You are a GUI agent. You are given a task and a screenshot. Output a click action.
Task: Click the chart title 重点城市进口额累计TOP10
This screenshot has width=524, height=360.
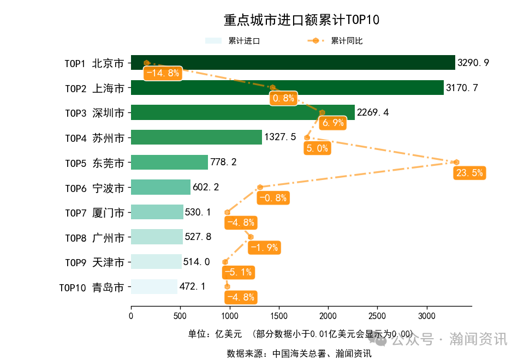click(301, 20)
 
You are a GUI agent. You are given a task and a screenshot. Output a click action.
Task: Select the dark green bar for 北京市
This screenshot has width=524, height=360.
click(293, 63)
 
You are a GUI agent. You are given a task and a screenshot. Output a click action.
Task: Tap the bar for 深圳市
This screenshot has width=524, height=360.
click(242, 112)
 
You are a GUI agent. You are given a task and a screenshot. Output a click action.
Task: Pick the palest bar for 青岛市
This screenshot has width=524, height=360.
click(154, 287)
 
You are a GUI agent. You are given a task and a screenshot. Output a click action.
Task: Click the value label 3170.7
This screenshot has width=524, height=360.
click(462, 88)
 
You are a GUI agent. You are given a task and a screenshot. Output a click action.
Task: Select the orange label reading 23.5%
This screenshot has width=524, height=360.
click(469, 173)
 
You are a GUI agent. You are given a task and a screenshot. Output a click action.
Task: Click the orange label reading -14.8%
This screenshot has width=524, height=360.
click(162, 74)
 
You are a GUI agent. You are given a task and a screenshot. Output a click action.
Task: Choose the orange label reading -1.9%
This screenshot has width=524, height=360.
click(264, 248)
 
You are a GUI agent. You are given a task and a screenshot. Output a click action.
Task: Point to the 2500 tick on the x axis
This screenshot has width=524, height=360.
click(377, 315)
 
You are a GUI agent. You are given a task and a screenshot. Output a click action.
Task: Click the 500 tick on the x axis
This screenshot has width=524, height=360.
click(180, 315)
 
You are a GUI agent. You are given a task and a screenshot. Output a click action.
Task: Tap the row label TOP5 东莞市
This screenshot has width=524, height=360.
click(94, 163)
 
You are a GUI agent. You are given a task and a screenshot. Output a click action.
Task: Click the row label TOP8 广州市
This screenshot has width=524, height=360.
click(94, 238)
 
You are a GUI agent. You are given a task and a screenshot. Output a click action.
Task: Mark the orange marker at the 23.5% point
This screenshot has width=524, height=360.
click(456, 162)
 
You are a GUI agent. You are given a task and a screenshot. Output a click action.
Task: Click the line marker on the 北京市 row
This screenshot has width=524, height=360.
click(146, 63)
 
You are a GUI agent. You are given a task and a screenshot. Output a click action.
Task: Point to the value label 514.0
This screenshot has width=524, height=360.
click(196, 262)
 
